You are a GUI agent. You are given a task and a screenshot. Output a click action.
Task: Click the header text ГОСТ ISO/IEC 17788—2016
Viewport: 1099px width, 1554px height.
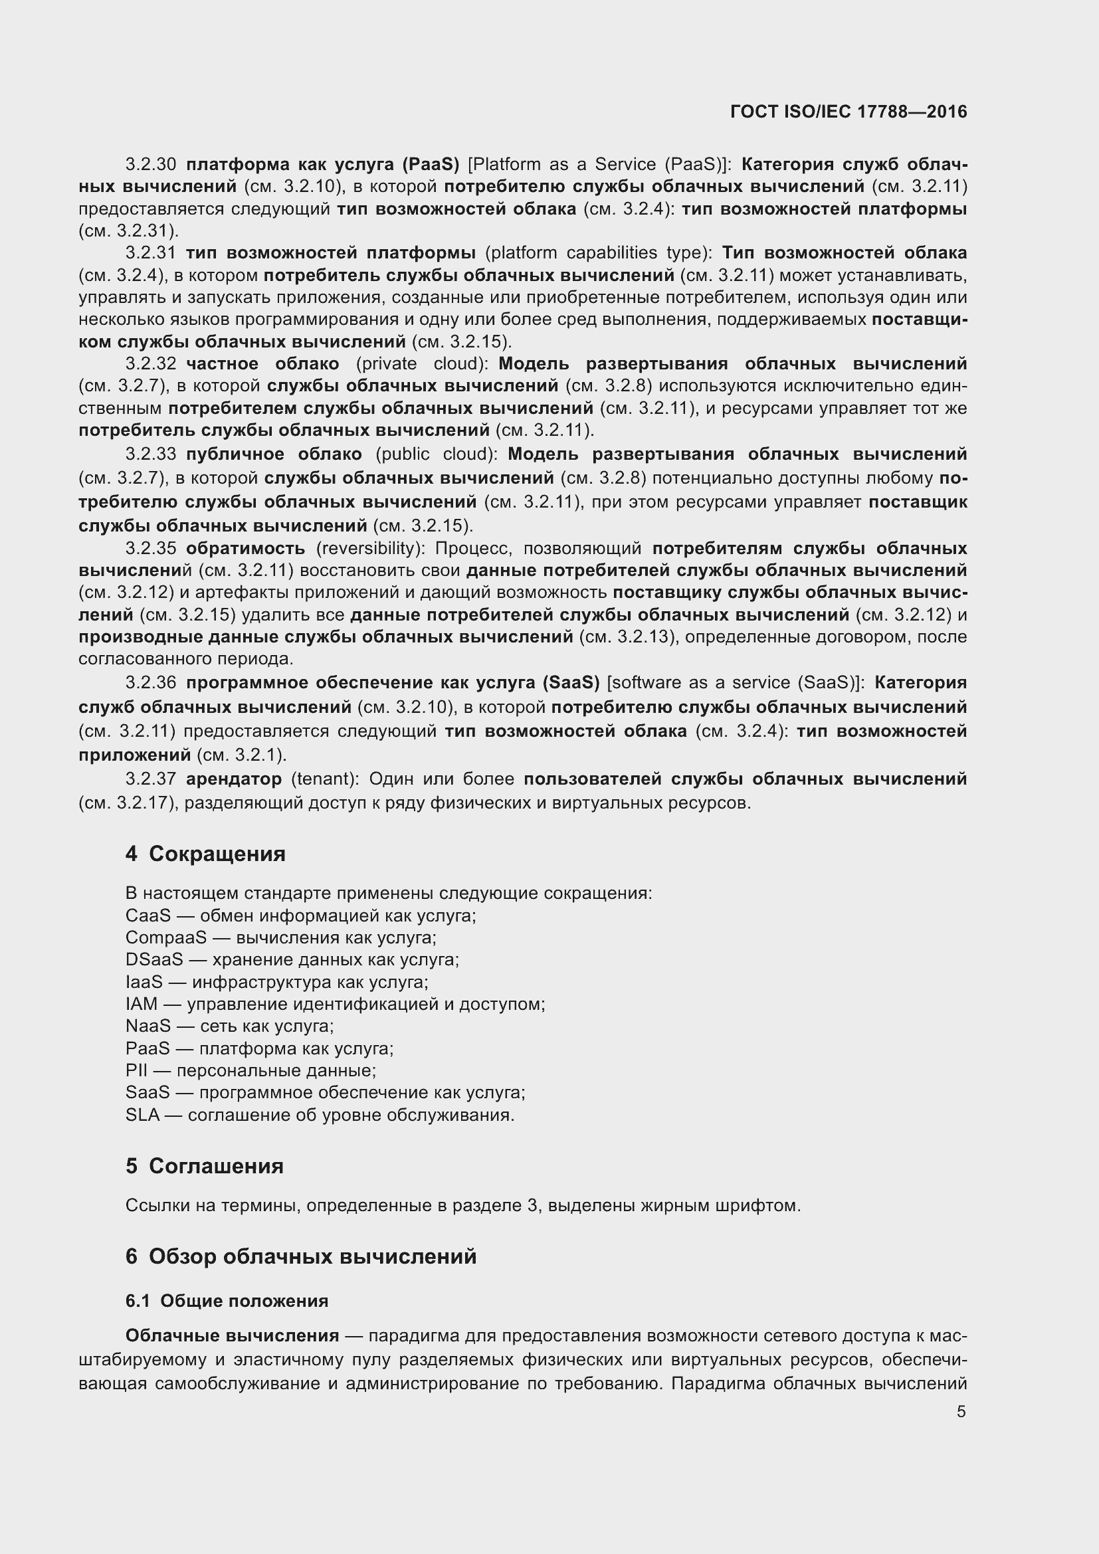tap(849, 112)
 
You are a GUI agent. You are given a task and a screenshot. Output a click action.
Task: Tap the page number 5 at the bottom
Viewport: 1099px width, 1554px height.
tap(961, 1412)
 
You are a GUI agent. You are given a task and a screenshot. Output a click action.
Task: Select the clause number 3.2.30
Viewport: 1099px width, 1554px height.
tap(150, 165)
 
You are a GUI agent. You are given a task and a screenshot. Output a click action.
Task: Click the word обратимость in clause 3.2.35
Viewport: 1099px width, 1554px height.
tap(246, 548)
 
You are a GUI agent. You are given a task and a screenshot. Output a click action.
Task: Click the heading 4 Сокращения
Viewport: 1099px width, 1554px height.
tap(205, 854)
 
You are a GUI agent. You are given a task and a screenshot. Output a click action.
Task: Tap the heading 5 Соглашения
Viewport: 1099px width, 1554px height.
tap(205, 1166)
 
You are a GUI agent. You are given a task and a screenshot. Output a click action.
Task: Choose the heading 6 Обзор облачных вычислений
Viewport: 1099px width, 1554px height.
tap(300, 1257)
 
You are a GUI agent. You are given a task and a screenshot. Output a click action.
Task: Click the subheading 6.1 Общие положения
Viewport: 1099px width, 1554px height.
tap(227, 1301)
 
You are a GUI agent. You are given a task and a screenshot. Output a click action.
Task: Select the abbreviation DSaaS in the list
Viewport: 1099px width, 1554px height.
tap(154, 960)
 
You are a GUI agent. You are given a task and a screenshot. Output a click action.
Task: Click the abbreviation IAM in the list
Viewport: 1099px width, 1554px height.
tap(141, 1005)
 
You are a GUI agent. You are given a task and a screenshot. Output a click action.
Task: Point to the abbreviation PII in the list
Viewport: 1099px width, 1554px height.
tap(136, 1071)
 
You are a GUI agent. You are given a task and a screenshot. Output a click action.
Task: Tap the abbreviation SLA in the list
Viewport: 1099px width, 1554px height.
tap(142, 1115)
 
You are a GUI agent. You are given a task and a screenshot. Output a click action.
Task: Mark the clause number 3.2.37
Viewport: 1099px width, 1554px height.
tap(150, 780)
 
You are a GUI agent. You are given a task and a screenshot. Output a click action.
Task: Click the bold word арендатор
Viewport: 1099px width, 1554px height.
tap(233, 780)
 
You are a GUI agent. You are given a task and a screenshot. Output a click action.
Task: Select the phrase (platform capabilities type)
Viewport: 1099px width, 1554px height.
tap(598, 253)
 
